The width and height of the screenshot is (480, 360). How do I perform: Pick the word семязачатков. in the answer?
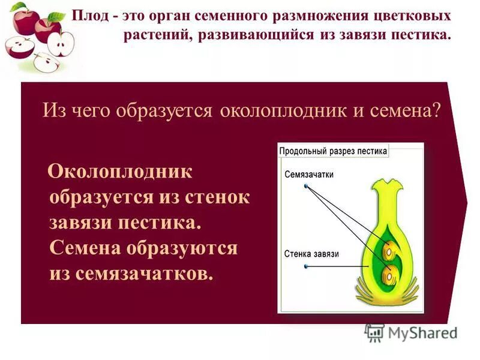144,274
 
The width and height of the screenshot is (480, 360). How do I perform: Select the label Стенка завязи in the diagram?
311,254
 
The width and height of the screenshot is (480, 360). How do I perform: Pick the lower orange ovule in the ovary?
388,275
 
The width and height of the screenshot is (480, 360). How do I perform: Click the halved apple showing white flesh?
60,43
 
